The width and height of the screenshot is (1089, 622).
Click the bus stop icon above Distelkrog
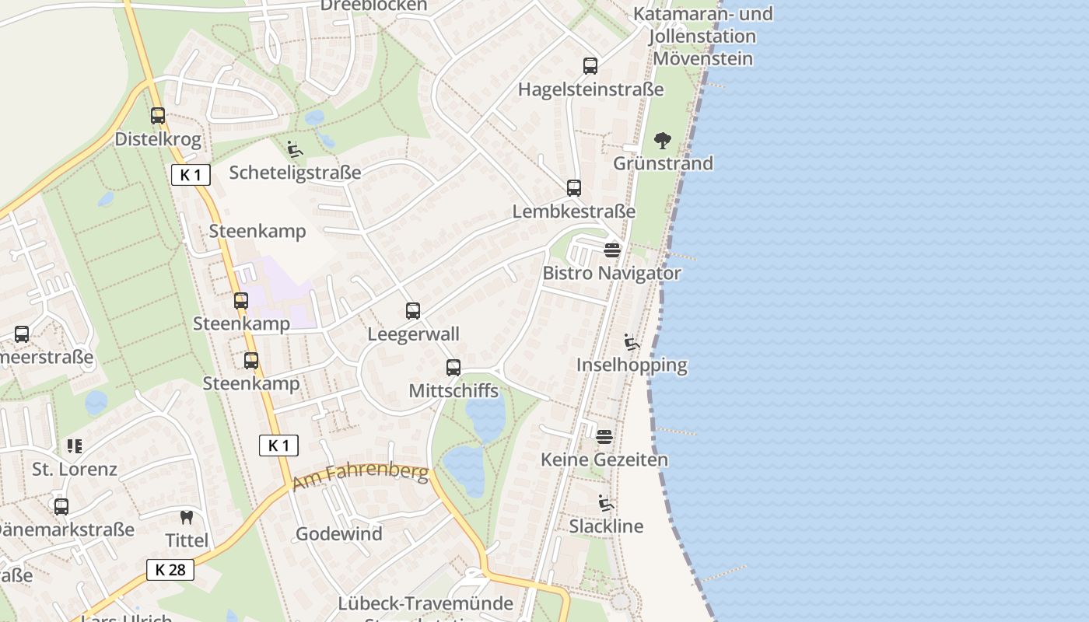pos(158,116)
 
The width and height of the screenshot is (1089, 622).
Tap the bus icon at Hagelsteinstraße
pos(590,66)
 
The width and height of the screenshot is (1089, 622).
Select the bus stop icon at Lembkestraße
pos(574,187)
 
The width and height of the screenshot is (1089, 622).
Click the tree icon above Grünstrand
pos(663,141)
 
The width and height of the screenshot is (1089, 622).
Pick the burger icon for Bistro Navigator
pos(612,250)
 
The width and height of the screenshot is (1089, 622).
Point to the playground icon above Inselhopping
pos(632,342)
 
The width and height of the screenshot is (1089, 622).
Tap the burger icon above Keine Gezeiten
pos(604,437)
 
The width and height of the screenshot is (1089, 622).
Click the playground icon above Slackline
pos(606,503)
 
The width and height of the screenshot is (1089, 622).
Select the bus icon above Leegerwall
pos(413,311)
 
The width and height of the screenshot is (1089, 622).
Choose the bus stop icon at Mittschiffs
pos(453,368)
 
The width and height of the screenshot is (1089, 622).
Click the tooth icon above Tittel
pos(187,517)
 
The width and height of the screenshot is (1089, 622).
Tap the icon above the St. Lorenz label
pos(75,446)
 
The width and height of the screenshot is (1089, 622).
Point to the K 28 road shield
pos(170,570)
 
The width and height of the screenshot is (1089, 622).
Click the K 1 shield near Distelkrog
pos(191,175)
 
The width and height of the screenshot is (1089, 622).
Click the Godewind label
pos(339,534)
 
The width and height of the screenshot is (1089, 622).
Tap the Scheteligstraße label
pos(295,173)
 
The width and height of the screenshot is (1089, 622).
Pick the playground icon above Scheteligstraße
pos(295,149)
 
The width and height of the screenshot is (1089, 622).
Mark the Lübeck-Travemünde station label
pos(425,604)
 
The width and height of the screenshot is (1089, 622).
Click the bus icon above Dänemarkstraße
pos(61,507)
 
